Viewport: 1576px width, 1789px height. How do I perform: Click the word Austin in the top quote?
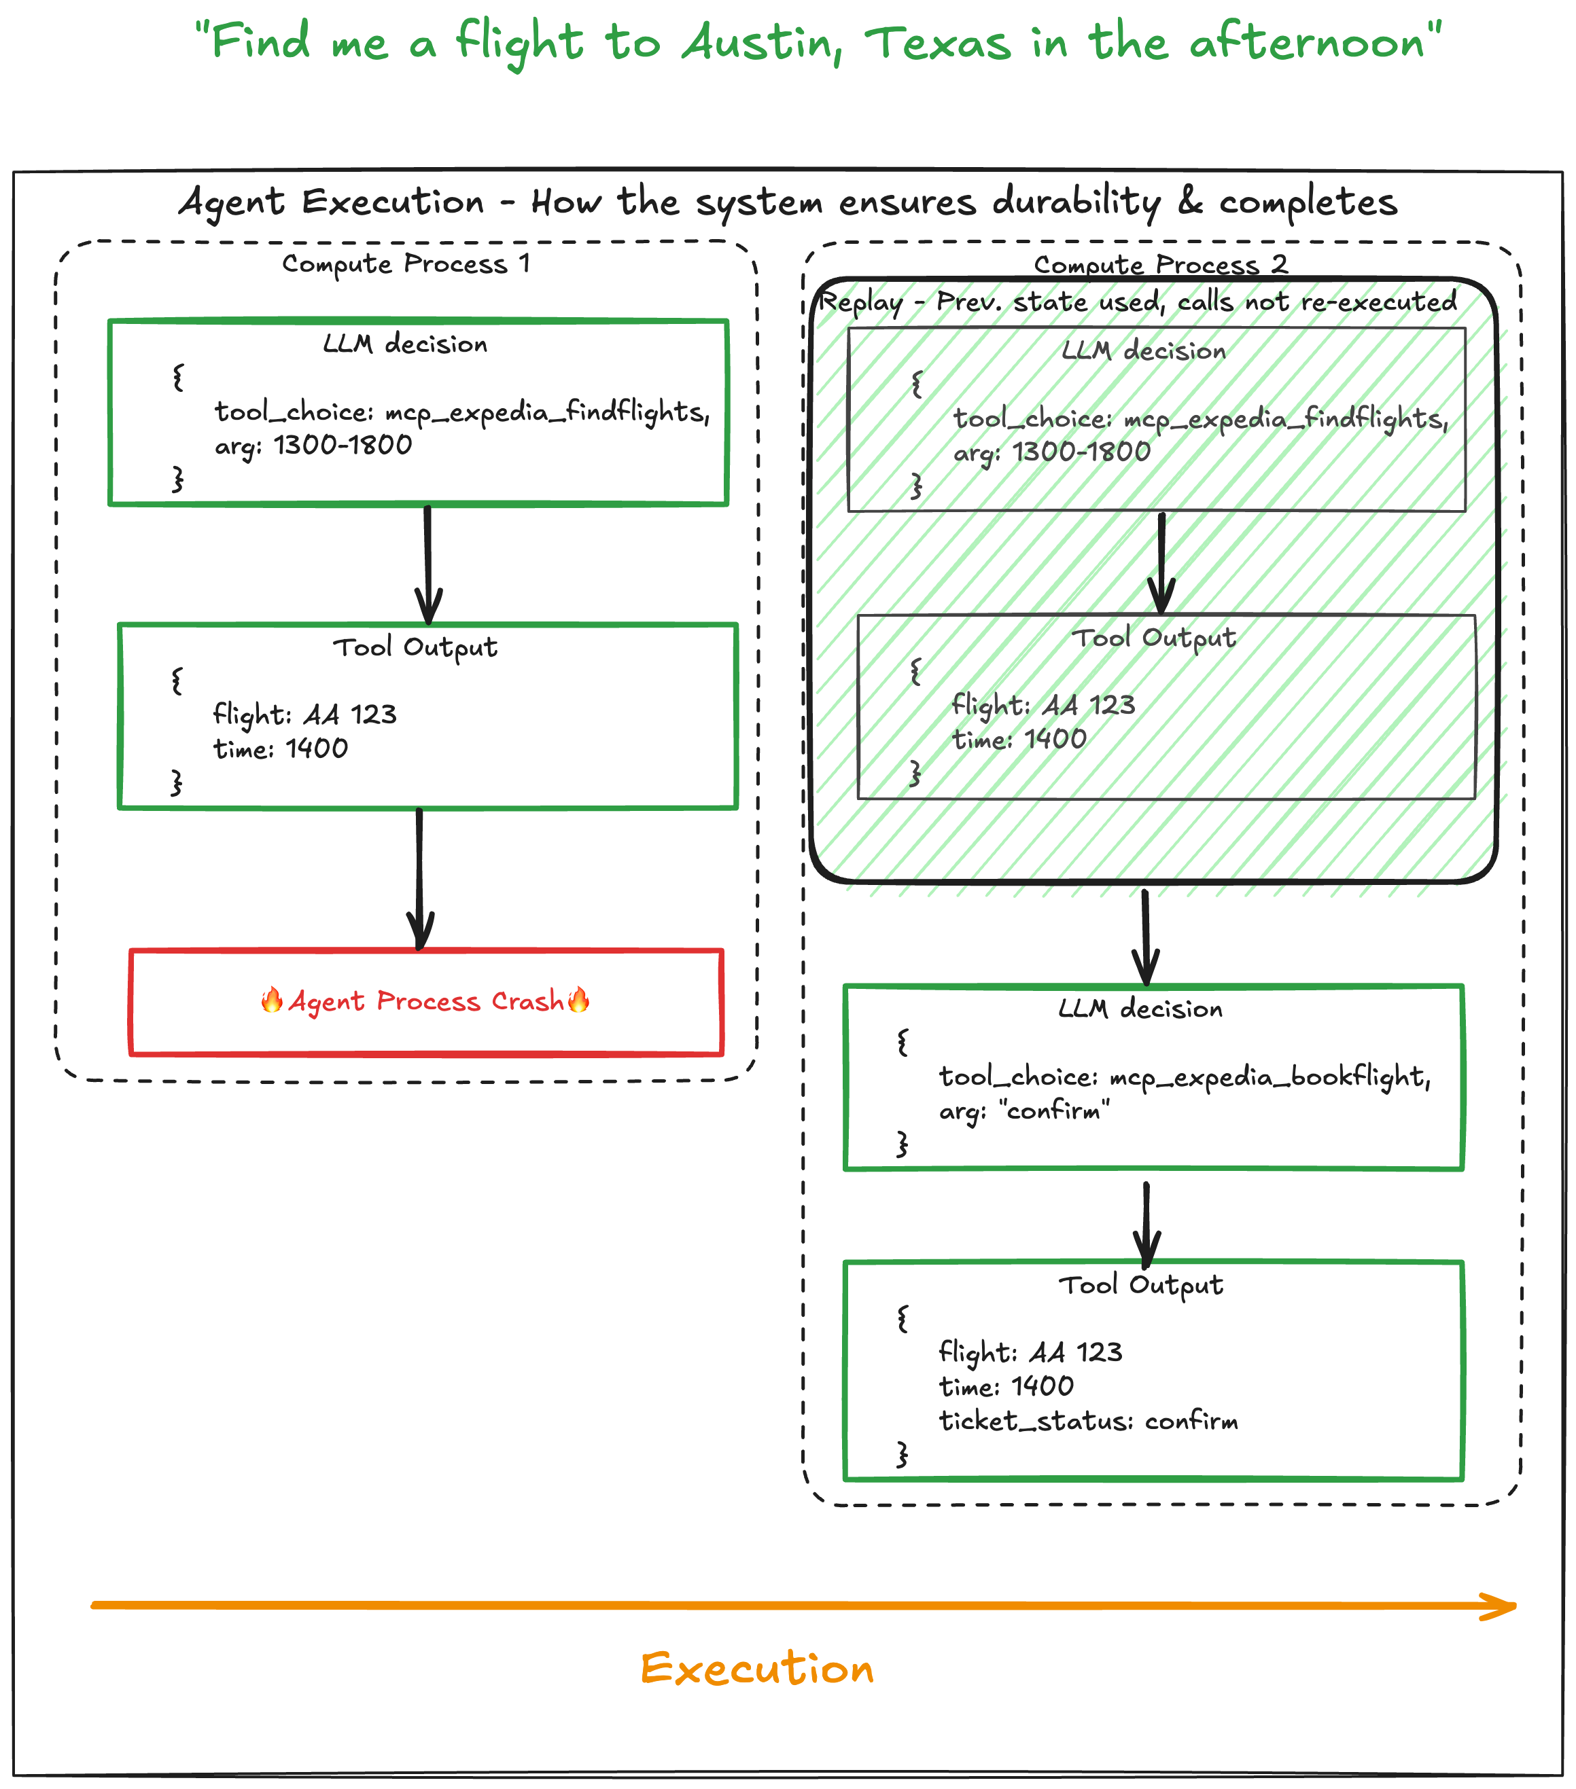point(761,43)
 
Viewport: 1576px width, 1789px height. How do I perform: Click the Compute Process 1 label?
point(405,264)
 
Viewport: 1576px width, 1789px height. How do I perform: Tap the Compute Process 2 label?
point(1159,264)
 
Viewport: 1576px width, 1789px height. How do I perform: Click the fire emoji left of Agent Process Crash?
point(271,1000)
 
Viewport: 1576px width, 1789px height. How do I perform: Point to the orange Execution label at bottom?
point(756,1668)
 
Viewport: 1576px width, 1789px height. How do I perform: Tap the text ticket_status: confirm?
point(1087,1420)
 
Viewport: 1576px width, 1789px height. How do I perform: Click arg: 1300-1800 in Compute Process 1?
point(313,446)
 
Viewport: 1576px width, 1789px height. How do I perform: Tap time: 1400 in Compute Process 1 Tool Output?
point(280,748)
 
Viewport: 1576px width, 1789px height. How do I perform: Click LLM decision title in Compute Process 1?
point(404,344)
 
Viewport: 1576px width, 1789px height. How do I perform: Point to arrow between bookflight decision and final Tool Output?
point(1146,1222)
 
